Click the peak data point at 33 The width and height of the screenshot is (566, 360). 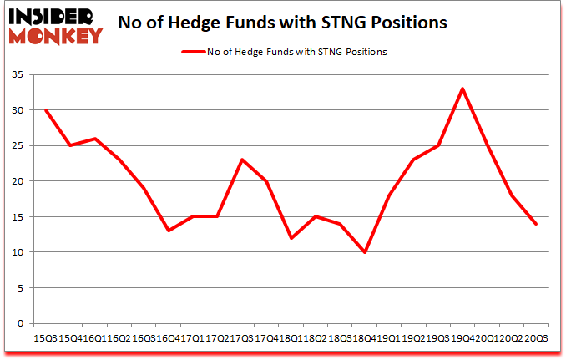pyautogui.click(x=462, y=89)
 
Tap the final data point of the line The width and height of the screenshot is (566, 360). pyautogui.click(x=535, y=224)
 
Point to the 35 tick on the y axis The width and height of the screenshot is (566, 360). pyautogui.click(x=19, y=74)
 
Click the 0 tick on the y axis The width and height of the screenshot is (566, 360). pyautogui.click(x=23, y=323)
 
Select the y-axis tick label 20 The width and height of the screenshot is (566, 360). pyautogui.click(x=19, y=181)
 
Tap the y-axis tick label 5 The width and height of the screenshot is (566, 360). pyautogui.click(x=23, y=288)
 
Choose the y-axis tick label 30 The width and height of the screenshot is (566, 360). pyautogui.click(x=19, y=110)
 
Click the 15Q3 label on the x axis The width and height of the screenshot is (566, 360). pyautogui.click(x=44, y=338)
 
